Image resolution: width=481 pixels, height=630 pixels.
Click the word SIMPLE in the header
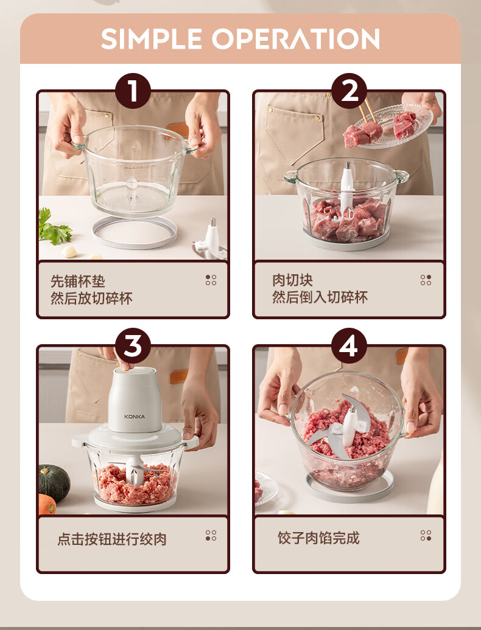151,38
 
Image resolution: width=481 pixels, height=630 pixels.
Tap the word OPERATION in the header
295,38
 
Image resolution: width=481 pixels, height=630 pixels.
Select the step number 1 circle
133,91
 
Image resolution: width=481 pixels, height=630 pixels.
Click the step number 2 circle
349,91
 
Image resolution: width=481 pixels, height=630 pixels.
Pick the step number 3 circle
133,346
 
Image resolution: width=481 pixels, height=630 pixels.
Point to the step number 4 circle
349,346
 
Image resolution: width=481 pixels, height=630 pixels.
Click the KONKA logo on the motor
135,417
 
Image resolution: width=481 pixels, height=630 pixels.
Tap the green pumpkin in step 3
54,483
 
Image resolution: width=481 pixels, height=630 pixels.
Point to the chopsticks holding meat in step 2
368,111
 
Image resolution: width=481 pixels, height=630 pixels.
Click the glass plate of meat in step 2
394,125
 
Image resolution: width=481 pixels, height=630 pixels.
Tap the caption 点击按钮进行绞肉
112,539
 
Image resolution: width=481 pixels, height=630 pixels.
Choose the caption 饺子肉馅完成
318,538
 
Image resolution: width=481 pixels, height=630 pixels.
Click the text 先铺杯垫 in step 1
77,281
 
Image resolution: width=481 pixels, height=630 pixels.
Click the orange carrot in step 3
47,505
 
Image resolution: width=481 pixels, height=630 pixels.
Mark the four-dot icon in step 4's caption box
426,536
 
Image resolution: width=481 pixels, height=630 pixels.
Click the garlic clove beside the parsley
69,252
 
